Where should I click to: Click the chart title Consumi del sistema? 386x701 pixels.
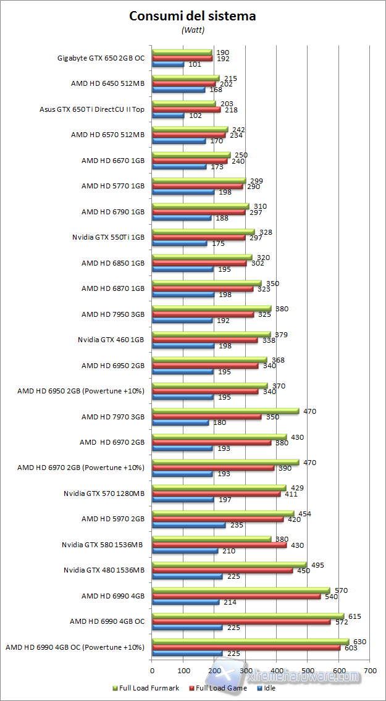192,17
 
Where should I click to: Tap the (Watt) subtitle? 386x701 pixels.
192,30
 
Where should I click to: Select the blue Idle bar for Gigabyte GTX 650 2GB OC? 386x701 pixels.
168,64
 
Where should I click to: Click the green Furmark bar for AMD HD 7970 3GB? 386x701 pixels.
225,411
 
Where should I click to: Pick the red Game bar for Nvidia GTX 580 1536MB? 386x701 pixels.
210,545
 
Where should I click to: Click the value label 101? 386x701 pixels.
195,64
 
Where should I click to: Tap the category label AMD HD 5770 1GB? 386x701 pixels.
113,185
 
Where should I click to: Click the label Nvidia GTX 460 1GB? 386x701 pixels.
111,339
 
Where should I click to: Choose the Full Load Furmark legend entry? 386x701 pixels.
145,687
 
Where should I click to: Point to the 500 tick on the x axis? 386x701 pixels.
308,670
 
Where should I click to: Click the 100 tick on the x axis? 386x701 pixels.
183,670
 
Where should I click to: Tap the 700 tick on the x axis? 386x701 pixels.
370,670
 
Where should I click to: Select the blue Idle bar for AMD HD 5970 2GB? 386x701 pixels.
188,526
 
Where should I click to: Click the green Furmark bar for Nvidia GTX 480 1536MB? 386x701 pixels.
229,565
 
